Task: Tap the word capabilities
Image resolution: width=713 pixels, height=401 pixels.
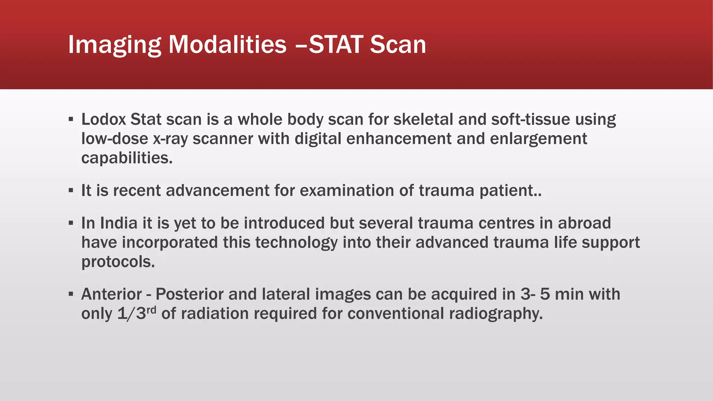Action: [127, 158]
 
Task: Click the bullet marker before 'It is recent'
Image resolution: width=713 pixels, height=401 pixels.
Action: [71, 191]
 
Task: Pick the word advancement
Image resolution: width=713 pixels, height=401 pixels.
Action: [217, 191]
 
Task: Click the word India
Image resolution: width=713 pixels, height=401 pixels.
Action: [119, 223]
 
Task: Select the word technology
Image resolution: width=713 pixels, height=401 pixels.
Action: [296, 243]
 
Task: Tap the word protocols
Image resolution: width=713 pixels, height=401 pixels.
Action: [118, 262]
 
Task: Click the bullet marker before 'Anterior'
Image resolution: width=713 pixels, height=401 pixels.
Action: [71, 294]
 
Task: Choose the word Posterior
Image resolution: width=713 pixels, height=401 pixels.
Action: [189, 294]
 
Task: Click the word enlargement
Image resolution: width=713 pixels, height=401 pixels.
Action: [538, 139]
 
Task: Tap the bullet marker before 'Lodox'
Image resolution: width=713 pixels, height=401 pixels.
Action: [71, 120]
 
